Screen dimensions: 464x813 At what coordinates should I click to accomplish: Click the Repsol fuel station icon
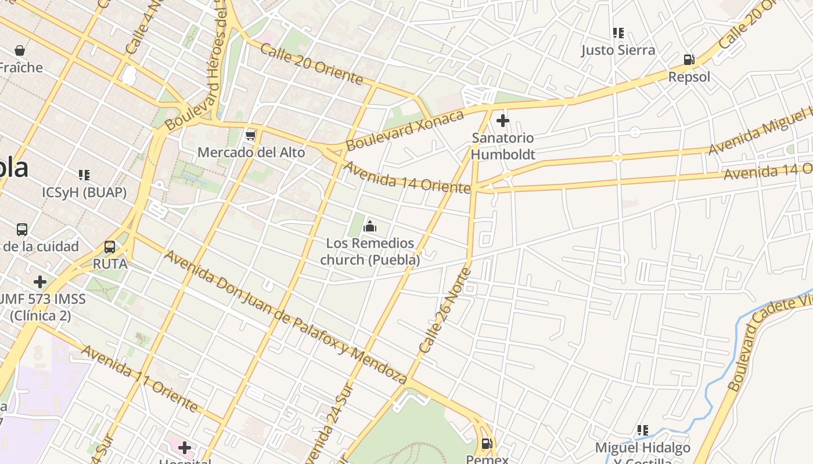coord(689,60)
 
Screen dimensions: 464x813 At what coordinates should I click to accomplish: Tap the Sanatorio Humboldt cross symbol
coord(503,121)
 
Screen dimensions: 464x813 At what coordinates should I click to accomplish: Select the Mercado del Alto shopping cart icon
coord(251,135)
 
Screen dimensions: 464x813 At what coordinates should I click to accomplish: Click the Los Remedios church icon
coord(369,226)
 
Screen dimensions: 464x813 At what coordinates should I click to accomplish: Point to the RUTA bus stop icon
coord(110,247)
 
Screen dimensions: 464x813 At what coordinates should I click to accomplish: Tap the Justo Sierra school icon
coord(618,33)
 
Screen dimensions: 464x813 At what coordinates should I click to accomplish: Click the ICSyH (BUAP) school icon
coord(84,175)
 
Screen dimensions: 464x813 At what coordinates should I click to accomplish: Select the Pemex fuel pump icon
coord(487,444)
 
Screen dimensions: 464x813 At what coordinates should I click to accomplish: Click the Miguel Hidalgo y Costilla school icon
coord(643,430)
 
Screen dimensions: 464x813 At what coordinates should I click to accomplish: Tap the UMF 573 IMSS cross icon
coord(39,282)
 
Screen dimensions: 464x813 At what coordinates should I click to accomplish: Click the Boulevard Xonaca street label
coord(405,130)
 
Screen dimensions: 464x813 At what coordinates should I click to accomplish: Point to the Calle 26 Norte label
coord(445,310)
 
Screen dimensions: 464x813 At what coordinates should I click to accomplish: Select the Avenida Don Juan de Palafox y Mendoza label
coord(285,317)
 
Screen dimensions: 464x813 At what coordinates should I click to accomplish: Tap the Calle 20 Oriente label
coord(311,63)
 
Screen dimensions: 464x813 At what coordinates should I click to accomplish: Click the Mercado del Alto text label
coord(251,153)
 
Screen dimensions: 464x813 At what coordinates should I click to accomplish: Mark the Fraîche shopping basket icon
coord(20,50)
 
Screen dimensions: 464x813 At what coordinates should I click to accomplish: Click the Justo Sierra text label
coord(618,50)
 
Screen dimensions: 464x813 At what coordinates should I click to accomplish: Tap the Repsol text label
coord(689,77)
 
